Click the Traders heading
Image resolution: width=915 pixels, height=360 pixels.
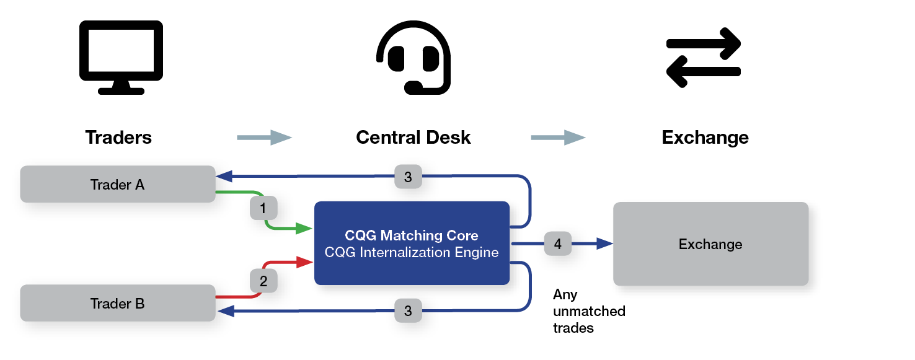[118, 137]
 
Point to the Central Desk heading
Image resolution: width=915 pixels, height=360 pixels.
[413, 137]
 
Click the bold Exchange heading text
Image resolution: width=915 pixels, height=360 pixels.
[705, 137]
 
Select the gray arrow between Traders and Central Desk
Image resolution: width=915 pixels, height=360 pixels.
[264, 137]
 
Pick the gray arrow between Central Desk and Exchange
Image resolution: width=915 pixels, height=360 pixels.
[558, 137]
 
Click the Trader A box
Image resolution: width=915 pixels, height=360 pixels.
[118, 184]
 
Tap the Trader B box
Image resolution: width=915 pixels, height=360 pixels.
[118, 303]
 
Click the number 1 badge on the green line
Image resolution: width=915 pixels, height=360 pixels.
[263, 209]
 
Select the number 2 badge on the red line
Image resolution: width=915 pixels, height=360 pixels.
[263, 281]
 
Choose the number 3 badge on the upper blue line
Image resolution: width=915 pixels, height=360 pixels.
[407, 177]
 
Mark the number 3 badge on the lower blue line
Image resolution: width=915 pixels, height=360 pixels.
[407, 311]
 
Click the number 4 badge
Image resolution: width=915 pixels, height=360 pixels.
[557, 244]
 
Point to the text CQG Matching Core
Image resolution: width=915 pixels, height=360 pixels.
[412, 235]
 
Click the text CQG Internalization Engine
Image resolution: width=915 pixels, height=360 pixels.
[412, 253]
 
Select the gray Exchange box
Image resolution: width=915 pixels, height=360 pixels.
[710, 244]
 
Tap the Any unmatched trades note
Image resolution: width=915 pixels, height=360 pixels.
[588, 311]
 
